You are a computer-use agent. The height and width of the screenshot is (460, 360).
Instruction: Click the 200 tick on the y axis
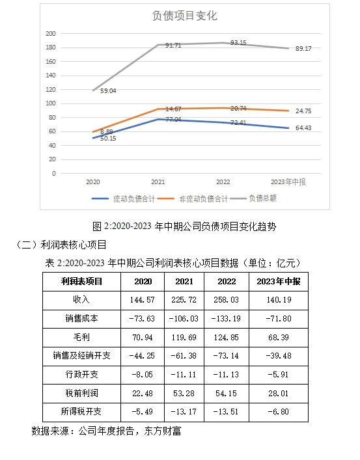pos(51,33)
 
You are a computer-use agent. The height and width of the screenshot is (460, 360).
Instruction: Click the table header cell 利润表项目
pos(81,281)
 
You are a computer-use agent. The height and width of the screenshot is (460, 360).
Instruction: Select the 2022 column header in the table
pos(226,281)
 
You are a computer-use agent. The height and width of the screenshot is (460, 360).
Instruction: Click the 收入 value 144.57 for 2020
pos(143,300)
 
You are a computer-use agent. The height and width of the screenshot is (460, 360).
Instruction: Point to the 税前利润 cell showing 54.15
pos(226,394)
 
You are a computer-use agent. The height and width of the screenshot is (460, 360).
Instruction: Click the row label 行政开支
pos(81,375)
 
